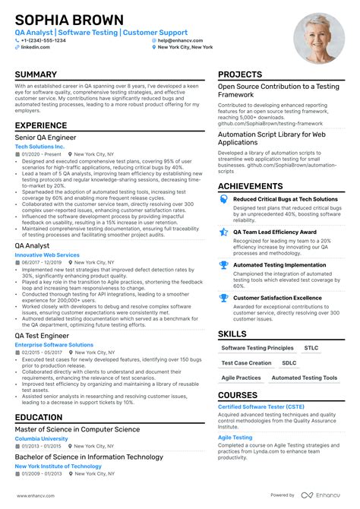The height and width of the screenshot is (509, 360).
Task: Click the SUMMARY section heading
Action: [x=36, y=75]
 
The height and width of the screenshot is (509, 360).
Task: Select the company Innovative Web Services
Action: [x=47, y=254]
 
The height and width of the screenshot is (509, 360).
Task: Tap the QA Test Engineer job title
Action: [x=42, y=335]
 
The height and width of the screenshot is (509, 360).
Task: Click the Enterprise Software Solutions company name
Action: [x=53, y=345]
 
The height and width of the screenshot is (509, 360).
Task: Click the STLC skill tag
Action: [x=311, y=348]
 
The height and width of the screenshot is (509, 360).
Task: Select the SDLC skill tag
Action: [x=289, y=363]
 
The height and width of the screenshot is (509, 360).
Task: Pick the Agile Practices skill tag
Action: [x=241, y=378]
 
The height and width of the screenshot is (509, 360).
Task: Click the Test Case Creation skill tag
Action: [x=246, y=363]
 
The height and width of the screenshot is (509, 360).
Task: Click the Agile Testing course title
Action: [x=235, y=438]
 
